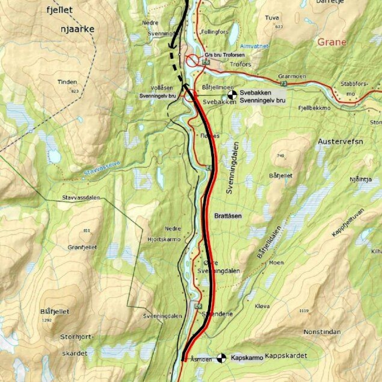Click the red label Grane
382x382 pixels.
click(x=331, y=42)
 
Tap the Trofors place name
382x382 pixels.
click(x=241, y=64)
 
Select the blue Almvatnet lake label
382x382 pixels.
click(x=254, y=46)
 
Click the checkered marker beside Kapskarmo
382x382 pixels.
click(x=221, y=358)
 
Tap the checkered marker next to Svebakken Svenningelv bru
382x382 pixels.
click(x=232, y=95)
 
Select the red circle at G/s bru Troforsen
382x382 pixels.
click(x=193, y=60)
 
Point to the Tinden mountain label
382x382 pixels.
click(x=67, y=82)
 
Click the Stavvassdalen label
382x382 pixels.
click(x=81, y=198)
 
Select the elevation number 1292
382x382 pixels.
click(x=47, y=320)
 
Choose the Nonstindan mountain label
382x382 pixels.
click(x=322, y=331)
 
